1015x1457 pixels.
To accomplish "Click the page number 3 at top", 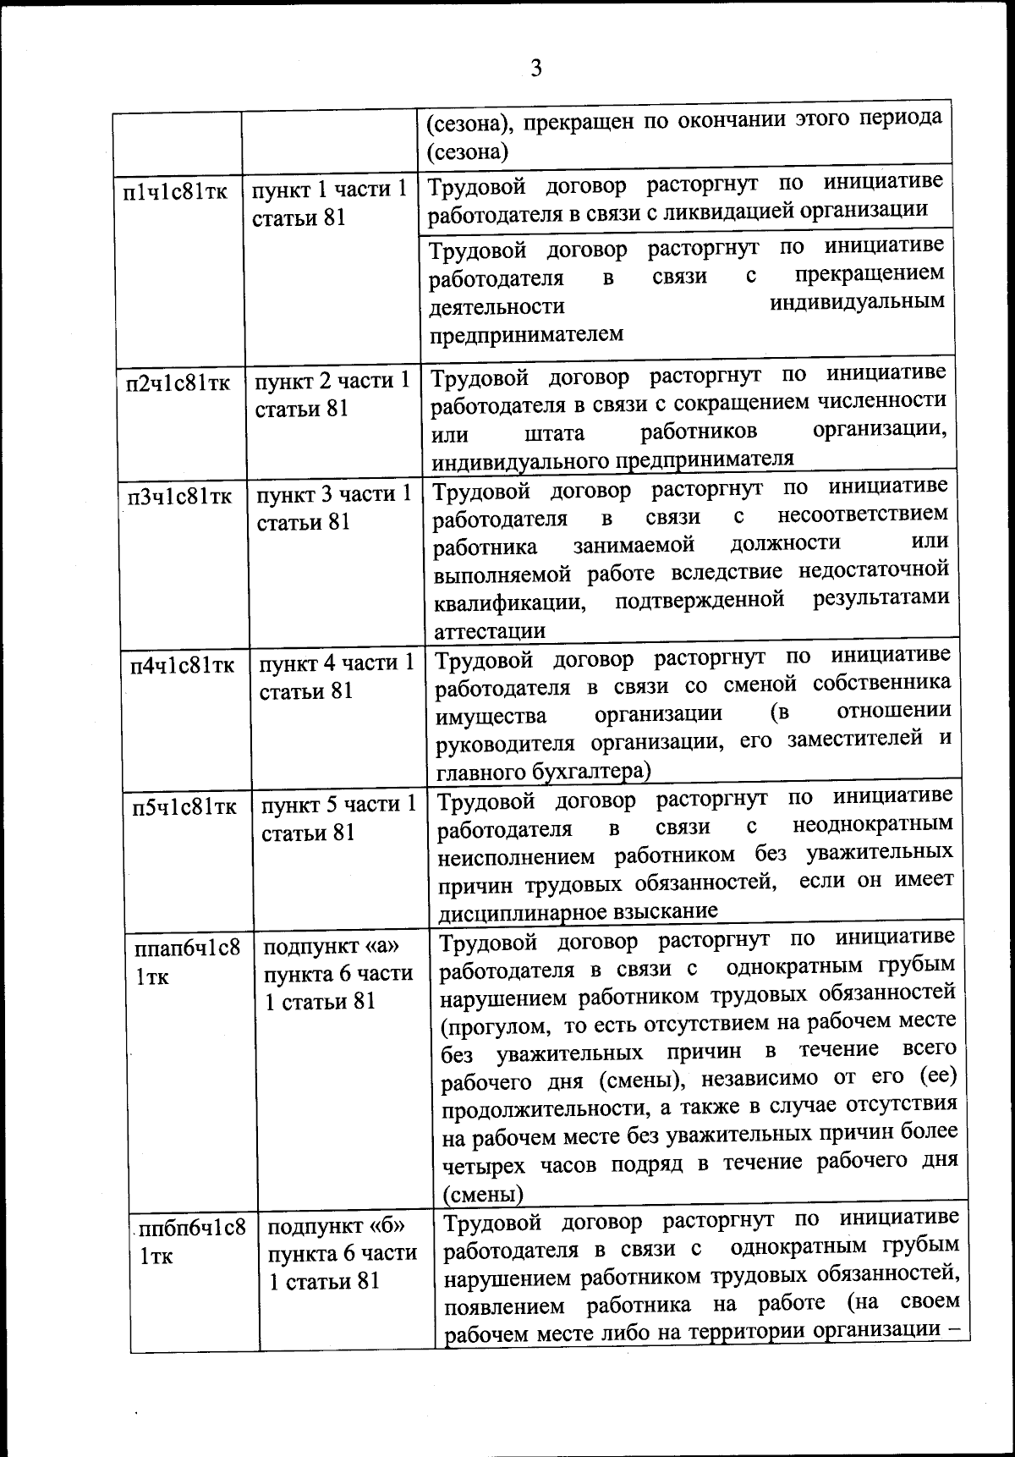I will click(535, 68).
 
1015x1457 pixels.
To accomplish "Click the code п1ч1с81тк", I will click(175, 192).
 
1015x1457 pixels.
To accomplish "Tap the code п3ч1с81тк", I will click(179, 497).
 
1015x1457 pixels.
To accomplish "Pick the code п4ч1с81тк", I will click(182, 666).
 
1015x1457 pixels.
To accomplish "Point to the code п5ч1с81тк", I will click(184, 807).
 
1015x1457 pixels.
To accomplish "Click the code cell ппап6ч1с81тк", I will click(187, 962).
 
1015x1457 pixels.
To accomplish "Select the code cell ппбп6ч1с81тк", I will click(191, 1241).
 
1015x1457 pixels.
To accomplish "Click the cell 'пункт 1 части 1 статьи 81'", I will click(330, 203).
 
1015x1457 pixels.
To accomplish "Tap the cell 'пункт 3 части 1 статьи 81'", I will click(334, 508).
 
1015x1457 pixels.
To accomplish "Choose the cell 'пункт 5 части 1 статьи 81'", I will click(338, 818).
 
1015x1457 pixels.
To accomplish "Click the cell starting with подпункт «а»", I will click(338, 973).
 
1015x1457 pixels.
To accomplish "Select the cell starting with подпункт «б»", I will click(343, 1253).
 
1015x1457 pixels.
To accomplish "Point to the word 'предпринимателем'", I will click(526, 335).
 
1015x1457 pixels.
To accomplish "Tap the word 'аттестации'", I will click(489, 632).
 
